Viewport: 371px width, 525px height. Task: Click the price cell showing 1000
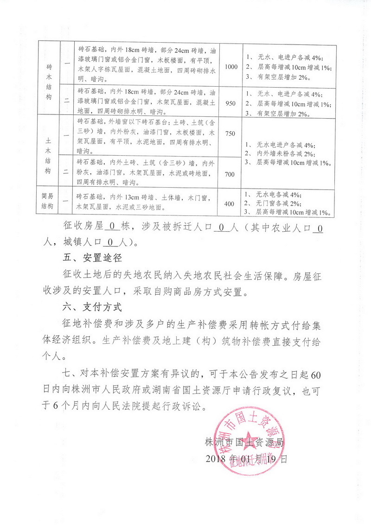tap(231, 67)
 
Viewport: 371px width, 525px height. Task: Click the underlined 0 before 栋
tap(111, 227)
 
